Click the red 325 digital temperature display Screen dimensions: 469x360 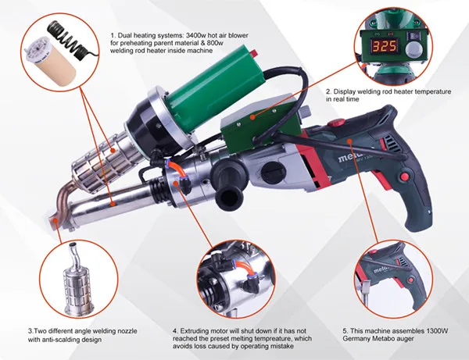[385, 46]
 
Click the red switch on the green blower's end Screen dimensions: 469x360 [255, 53]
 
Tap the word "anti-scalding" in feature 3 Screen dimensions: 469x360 [61, 340]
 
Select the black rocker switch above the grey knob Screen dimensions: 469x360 [414, 36]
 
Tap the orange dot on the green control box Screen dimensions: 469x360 [252, 117]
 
